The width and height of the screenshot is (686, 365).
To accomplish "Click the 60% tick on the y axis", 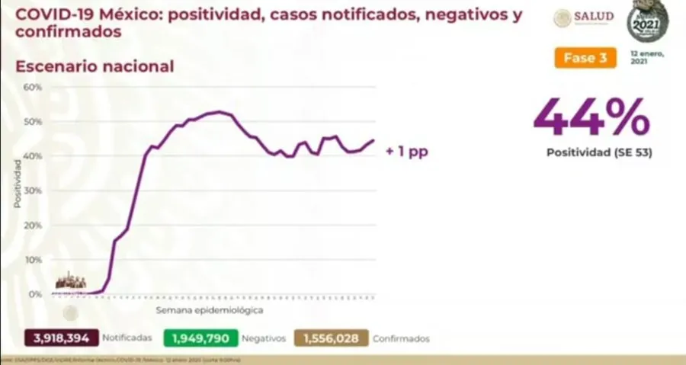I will [32, 87].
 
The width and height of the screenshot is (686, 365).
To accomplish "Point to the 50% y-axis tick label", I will [32, 122].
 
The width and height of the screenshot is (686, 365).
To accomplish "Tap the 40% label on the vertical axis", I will [32, 156].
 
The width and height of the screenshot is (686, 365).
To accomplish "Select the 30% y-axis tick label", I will [32, 191].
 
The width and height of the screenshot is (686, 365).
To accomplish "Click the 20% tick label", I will [32, 226].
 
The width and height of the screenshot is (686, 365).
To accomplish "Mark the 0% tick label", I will [35, 294].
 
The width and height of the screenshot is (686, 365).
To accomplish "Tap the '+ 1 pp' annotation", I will [406, 152].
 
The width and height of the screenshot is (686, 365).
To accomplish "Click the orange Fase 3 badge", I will [585, 58].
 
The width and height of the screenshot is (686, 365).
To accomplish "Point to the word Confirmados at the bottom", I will [401, 338].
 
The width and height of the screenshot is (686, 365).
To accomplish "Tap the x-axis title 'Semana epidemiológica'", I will [210, 311].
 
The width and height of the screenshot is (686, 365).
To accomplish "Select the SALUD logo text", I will [595, 18].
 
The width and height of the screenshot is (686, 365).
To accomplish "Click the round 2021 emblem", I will [647, 21].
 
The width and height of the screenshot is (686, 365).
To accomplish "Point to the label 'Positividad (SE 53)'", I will [599, 152].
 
